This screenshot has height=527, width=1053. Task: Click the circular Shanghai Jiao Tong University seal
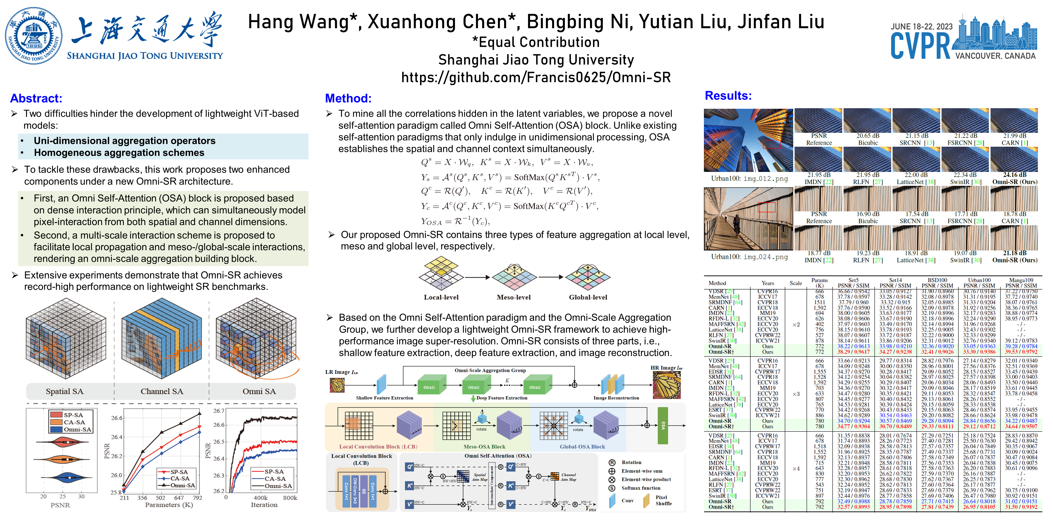tap(34, 36)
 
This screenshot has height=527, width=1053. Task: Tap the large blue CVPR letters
tap(920, 46)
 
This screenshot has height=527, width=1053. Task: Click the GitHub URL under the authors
tap(535, 77)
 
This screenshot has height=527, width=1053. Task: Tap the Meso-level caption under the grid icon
tap(513, 297)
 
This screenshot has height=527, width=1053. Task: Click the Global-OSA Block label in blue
tap(582, 447)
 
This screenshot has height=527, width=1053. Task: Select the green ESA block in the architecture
tap(663, 425)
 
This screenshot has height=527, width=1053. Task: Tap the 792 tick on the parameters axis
tap(197, 498)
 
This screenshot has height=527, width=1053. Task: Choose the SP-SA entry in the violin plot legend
tap(73, 415)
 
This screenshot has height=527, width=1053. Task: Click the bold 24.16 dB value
tap(1015, 175)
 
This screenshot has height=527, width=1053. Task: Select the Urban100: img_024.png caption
tap(749, 257)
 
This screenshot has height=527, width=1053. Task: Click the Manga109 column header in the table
tap(1021, 280)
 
